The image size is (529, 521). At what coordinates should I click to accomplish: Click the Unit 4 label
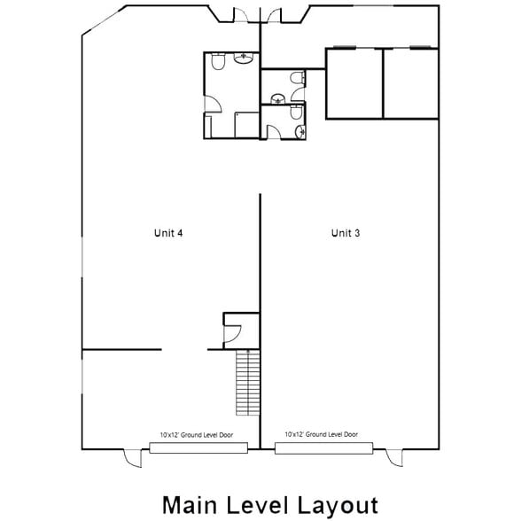168,233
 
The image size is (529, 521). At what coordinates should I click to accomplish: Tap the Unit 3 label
346,233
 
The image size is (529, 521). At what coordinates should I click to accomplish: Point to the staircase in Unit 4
247,382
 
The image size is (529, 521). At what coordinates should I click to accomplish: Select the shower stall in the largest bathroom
244,124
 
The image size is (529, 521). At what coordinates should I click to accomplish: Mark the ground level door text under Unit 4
198,435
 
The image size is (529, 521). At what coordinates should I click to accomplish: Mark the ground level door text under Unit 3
322,435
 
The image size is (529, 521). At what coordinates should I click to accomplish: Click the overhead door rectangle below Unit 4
198,448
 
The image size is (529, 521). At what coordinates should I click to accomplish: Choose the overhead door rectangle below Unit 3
323,448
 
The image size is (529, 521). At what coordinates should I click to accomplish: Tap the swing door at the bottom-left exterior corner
132,457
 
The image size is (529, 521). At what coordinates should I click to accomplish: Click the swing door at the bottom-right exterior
394,457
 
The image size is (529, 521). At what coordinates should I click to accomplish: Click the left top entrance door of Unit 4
240,14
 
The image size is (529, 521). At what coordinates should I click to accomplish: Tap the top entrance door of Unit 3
274,14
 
